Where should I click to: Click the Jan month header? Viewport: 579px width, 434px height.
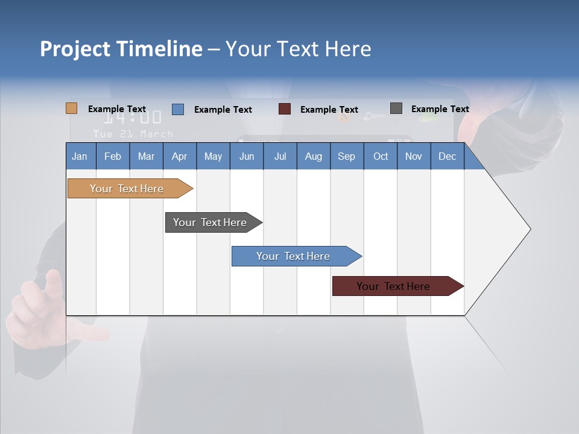[80, 156]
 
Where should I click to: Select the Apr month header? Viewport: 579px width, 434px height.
[179, 156]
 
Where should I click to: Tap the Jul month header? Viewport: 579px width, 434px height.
[280, 156]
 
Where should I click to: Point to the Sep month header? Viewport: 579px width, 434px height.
[346, 156]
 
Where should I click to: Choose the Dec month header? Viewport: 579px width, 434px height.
[447, 156]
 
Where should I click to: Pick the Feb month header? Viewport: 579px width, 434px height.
[113, 156]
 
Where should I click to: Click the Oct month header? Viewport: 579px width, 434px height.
[381, 156]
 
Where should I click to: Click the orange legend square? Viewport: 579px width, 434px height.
[71, 108]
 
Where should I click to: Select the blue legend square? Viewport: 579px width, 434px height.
[178, 109]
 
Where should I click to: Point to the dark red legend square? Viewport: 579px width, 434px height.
[285, 109]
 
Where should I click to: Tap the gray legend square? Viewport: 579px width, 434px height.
[396, 108]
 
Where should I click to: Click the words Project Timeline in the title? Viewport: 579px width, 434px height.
[121, 49]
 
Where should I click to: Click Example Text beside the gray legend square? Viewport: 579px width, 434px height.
[440, 109]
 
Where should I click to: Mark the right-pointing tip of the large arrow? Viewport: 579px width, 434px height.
[530, 229]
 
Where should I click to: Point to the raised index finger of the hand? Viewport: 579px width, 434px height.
[53, 283]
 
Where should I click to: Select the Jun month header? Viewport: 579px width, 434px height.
[247, 156]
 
